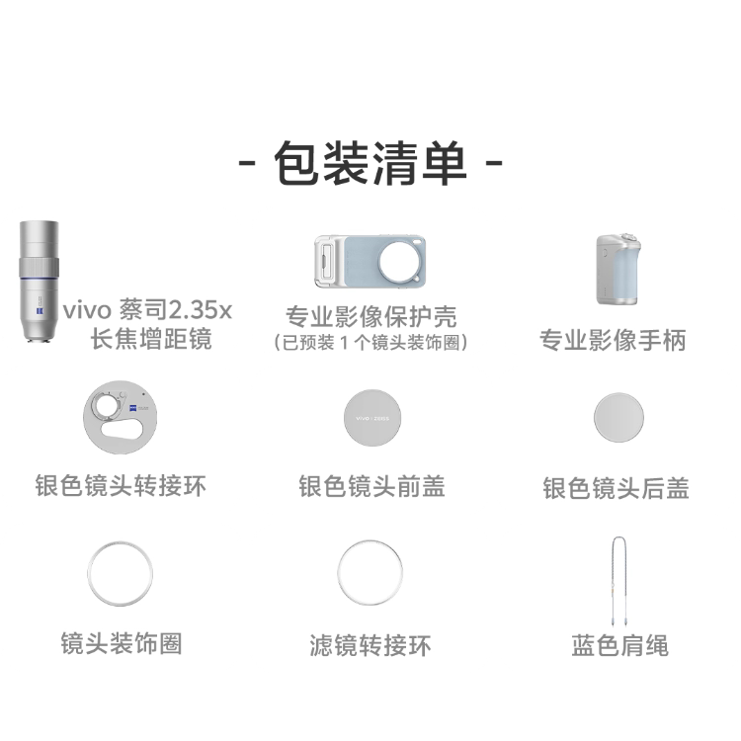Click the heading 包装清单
tap(370, 162)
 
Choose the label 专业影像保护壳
tap(370, 318)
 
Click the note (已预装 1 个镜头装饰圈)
tap(370, 343)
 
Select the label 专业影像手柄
tap(613, 341)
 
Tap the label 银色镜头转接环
tap(121, 486)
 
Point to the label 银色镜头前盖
tap(371, 486)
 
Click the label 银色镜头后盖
tap(616, 488)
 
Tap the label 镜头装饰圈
tap(121, 645)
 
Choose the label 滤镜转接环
tap(370, 647)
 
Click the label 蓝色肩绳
tap(619, 646)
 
